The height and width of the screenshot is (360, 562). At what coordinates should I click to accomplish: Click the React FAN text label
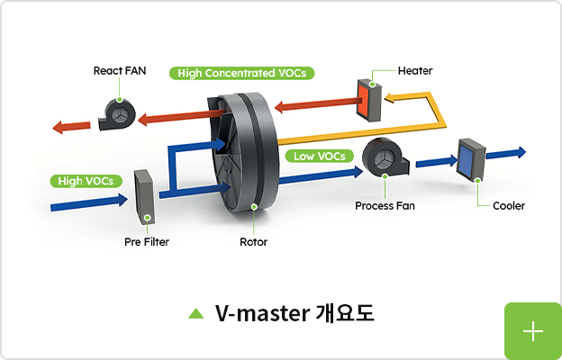click(x=120, y=70)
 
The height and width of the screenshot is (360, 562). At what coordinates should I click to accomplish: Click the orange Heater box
click(x=369, y=98)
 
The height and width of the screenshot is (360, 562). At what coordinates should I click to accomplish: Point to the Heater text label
click(x=415, y=70)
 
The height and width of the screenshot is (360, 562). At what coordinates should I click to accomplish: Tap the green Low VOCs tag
click(x=319, y=156)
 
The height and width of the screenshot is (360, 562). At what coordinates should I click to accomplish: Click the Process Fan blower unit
click(x=384, y=160)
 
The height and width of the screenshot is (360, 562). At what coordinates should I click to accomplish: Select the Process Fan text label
click(x=385, y=206)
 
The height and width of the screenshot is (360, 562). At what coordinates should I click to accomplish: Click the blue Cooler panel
click(x=471, y=160)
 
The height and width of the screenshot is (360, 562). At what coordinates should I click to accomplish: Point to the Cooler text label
click(x=508, y=206)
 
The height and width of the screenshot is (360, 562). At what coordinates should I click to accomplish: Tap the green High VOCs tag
click(x=86, y=181)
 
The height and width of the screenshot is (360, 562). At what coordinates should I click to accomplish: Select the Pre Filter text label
click(x=147, y=242)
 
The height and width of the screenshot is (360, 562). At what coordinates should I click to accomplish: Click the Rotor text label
click(x=253, y=242)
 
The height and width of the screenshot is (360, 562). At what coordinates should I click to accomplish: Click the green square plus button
click(x=532, y=331)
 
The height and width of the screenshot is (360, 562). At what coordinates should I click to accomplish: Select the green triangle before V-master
click(x=195, y=313)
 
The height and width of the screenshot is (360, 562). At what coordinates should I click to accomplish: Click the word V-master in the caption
click(x=259, y=313)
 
